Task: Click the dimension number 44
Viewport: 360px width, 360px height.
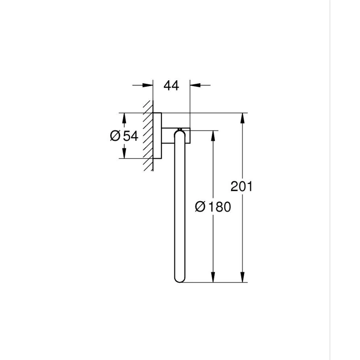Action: (171, 86)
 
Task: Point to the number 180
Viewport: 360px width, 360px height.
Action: (219, 206)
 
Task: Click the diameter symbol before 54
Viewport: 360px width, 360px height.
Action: (115, 136)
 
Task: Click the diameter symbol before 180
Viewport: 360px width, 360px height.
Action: (200, 206)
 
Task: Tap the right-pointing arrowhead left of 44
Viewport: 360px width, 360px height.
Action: (148, 86)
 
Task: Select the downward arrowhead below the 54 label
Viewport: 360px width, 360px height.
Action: (123, 153)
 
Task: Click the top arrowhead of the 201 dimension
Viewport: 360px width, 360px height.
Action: (242, 118)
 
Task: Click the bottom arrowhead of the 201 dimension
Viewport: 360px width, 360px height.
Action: (242, 278)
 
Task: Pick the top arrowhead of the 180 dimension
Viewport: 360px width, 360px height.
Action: (213, 136)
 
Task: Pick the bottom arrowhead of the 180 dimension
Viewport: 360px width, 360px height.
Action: (213, 278)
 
